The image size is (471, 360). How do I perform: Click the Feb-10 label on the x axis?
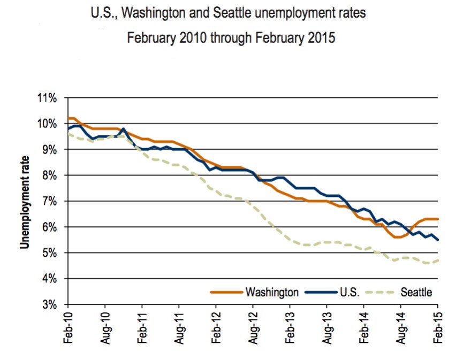tap(68, 328)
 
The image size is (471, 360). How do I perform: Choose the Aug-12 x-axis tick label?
tap(253, 328)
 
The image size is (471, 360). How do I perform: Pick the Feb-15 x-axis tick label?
tap(438, 328)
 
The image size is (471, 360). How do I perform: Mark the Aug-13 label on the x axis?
tap(327, 328)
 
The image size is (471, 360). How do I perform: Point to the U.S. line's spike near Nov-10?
tap(124, 129)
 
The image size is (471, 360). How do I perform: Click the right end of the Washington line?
tap(438, 219)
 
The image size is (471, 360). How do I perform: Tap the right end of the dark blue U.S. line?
tap(438, 240)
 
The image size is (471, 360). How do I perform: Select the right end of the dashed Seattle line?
tap(438, 260)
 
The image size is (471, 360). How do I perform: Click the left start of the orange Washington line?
tap(69, 118)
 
